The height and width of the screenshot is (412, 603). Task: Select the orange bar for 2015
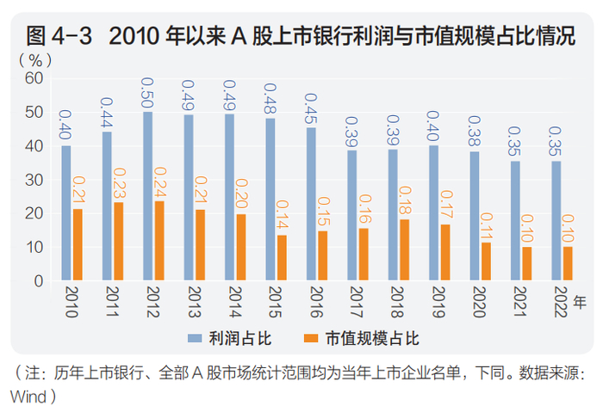(x=281, y=257)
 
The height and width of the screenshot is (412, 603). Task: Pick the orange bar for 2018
(x=404, y=249)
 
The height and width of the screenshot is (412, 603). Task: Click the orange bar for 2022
(x=568, y=263)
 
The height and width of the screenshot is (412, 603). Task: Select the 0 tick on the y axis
(x=38, y=281)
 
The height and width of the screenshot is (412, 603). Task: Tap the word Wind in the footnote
(x=26, y=396)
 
